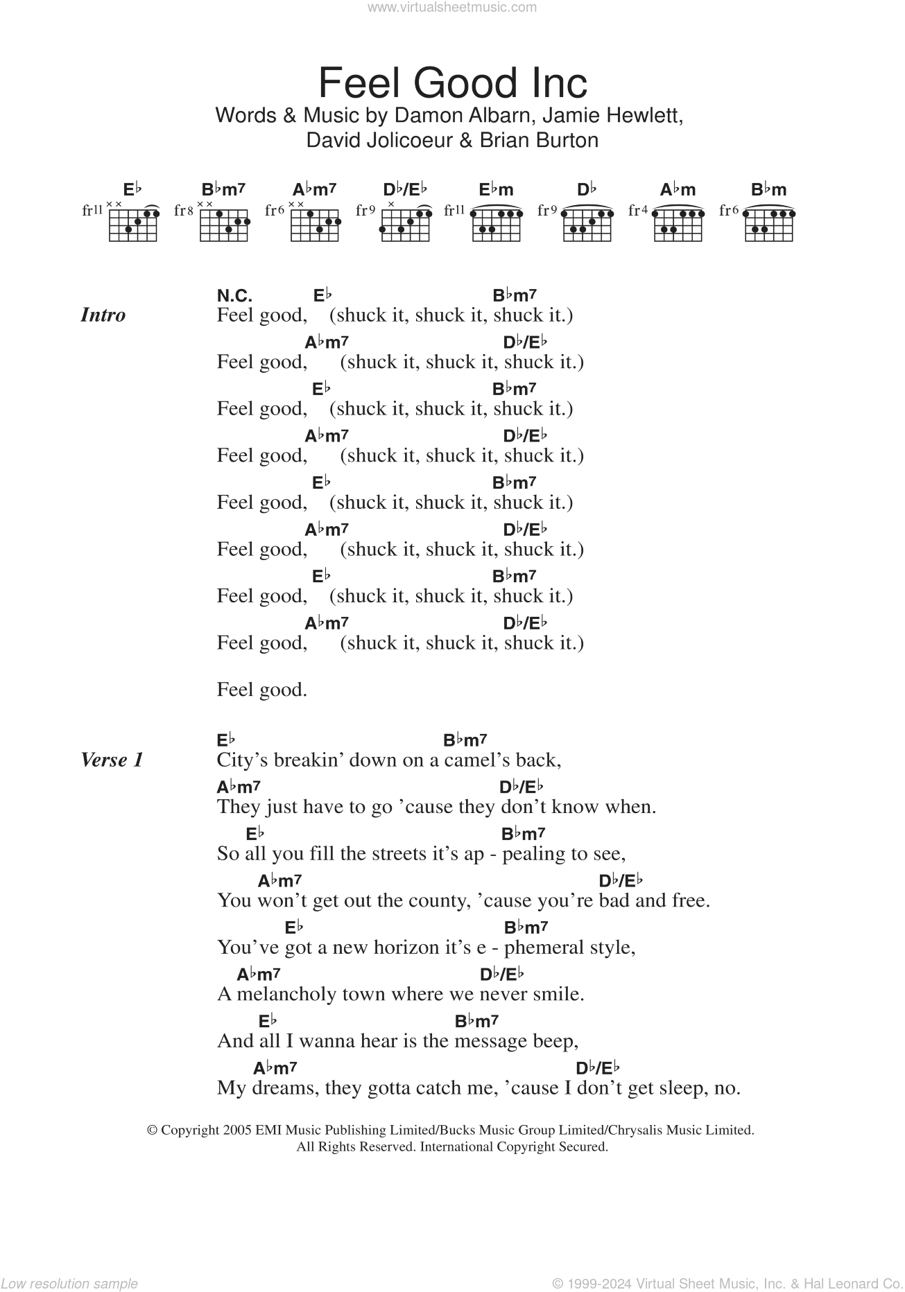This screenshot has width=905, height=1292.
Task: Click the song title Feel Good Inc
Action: coord(452,83)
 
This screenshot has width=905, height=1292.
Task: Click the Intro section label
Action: coord(103,315)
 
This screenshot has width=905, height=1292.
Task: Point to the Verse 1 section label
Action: coord(112,760)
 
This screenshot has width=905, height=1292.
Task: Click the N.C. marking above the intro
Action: coord(234,296)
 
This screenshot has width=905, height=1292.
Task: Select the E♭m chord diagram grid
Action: coord(496,224)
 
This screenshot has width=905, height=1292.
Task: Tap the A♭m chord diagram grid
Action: coord(678,224)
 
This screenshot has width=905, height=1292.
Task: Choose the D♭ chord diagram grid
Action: coord(587,224)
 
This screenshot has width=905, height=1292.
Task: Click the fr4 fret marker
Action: coord(638,210)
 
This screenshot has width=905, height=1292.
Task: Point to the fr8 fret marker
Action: coord(183,210)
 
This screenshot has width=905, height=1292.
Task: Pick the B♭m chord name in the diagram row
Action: coord(768,189)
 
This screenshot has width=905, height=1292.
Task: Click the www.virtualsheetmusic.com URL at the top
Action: coord(452,8)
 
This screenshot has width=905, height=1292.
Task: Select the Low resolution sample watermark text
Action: coord(69,1284)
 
